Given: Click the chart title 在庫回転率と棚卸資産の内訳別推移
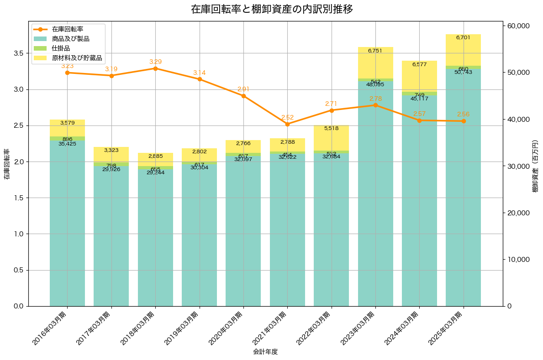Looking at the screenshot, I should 272,9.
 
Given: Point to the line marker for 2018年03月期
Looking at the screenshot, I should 155,68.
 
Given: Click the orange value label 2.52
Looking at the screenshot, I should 288,117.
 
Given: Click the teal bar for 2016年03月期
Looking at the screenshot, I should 67,224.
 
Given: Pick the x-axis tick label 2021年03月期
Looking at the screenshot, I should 272,329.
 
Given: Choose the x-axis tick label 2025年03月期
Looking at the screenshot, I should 448,329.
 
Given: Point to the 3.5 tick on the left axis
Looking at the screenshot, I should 19,53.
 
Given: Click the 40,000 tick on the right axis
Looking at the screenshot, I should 518,120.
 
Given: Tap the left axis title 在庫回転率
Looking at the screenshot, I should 6,164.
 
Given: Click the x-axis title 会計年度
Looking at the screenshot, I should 265,352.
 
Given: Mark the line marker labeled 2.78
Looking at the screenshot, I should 375,105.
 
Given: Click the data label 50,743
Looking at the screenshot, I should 464,72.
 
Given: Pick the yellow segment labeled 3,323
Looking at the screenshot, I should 111,155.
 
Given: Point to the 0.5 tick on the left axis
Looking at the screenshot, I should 19,270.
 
